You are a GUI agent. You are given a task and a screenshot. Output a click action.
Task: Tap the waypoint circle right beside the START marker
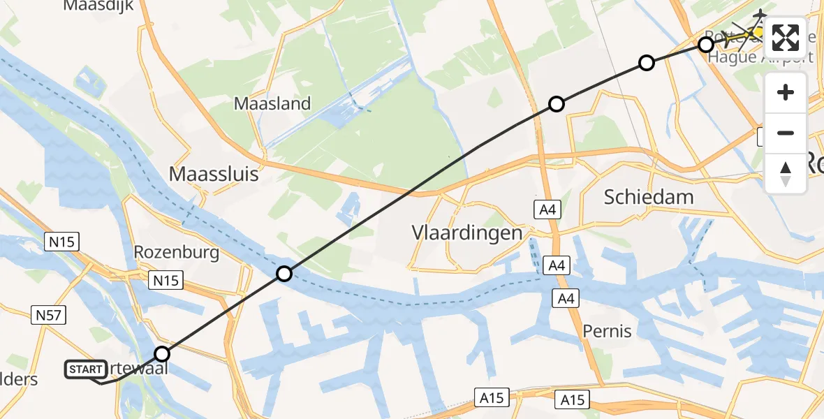(x=162, y=354)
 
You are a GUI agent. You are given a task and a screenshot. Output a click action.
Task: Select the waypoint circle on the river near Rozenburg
(x=284, y=274)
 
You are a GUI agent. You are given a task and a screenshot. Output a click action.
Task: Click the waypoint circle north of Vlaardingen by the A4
(x=556, y=105)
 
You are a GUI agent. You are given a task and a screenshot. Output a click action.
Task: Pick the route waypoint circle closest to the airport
(x=706, y=45)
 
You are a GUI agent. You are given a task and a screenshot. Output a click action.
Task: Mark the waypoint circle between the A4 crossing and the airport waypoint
(x=647, y=64)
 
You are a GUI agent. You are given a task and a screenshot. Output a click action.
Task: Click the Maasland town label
(x=272, y=104)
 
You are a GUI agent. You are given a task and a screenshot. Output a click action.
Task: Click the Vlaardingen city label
(x=467, y=233)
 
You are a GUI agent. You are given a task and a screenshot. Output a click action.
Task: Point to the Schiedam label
(x=649, y=197)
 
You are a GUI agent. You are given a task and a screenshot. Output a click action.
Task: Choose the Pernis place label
(x=608, y=331)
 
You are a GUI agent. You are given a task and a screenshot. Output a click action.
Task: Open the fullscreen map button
(x=786, y=38)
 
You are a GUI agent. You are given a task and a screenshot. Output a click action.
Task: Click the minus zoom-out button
(x=786, y=133)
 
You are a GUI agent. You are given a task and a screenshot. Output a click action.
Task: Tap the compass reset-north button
(x=786, y=174)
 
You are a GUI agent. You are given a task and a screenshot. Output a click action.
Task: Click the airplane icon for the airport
(x=759, y=15)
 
